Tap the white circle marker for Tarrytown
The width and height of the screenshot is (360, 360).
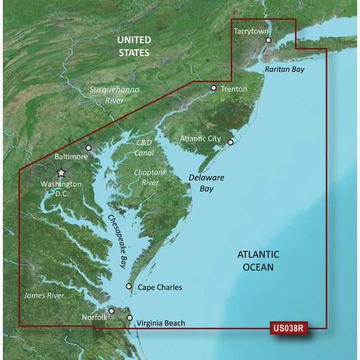pos(269,41)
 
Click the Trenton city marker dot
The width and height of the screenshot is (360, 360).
pos(214,88)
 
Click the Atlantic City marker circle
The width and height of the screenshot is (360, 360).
pos(231,143)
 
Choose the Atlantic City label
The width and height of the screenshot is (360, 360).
pos(200,139)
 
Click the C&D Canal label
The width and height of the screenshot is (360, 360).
pos(144,147)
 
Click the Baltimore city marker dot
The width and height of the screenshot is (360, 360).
pos(88,147)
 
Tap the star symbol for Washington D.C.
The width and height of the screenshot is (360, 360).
pos(61,173)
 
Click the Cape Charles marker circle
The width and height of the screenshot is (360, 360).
pos(129,287)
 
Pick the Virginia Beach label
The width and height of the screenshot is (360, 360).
pos(160,324)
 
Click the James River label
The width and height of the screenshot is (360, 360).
pos(45,295)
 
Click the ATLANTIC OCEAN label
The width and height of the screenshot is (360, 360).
pos(255,261)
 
